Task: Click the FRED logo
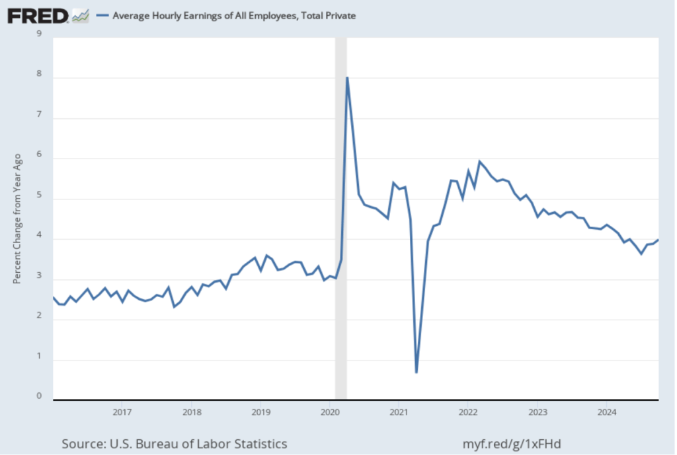pos(38,15)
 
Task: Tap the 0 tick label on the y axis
pos(39,396)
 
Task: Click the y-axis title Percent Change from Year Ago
pos(18,219)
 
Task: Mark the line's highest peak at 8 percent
pos(347,78)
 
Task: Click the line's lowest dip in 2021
pos(417,372)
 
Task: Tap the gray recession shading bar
pos(341,218)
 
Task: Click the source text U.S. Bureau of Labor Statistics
pos(175,443)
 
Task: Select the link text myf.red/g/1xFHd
pos(513,443)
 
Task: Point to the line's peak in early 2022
pos(480,161)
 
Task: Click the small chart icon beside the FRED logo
pos(81,15)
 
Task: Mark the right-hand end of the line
pos(658,240)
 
